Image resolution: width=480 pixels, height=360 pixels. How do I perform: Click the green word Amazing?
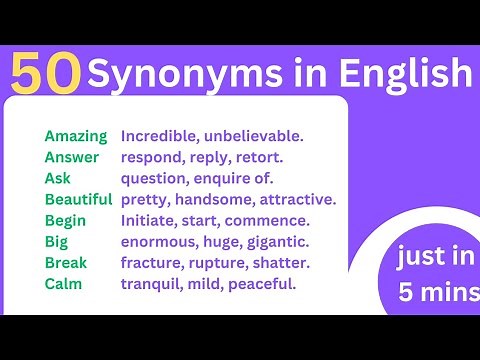(x=75, y=135)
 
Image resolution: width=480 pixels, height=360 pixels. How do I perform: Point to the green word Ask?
(x=58, y=178)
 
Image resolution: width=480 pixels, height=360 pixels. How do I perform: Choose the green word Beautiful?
(x=79, y=199)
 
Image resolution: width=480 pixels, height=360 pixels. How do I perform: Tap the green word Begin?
(x=65, y=220)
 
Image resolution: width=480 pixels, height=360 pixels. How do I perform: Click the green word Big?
(x=56, y=241)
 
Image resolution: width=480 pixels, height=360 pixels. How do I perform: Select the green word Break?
(x=66, y=262)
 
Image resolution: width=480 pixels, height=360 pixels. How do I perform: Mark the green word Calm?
(x=63, y=283)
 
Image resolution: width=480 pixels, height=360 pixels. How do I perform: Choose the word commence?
(x=271, y=220)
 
